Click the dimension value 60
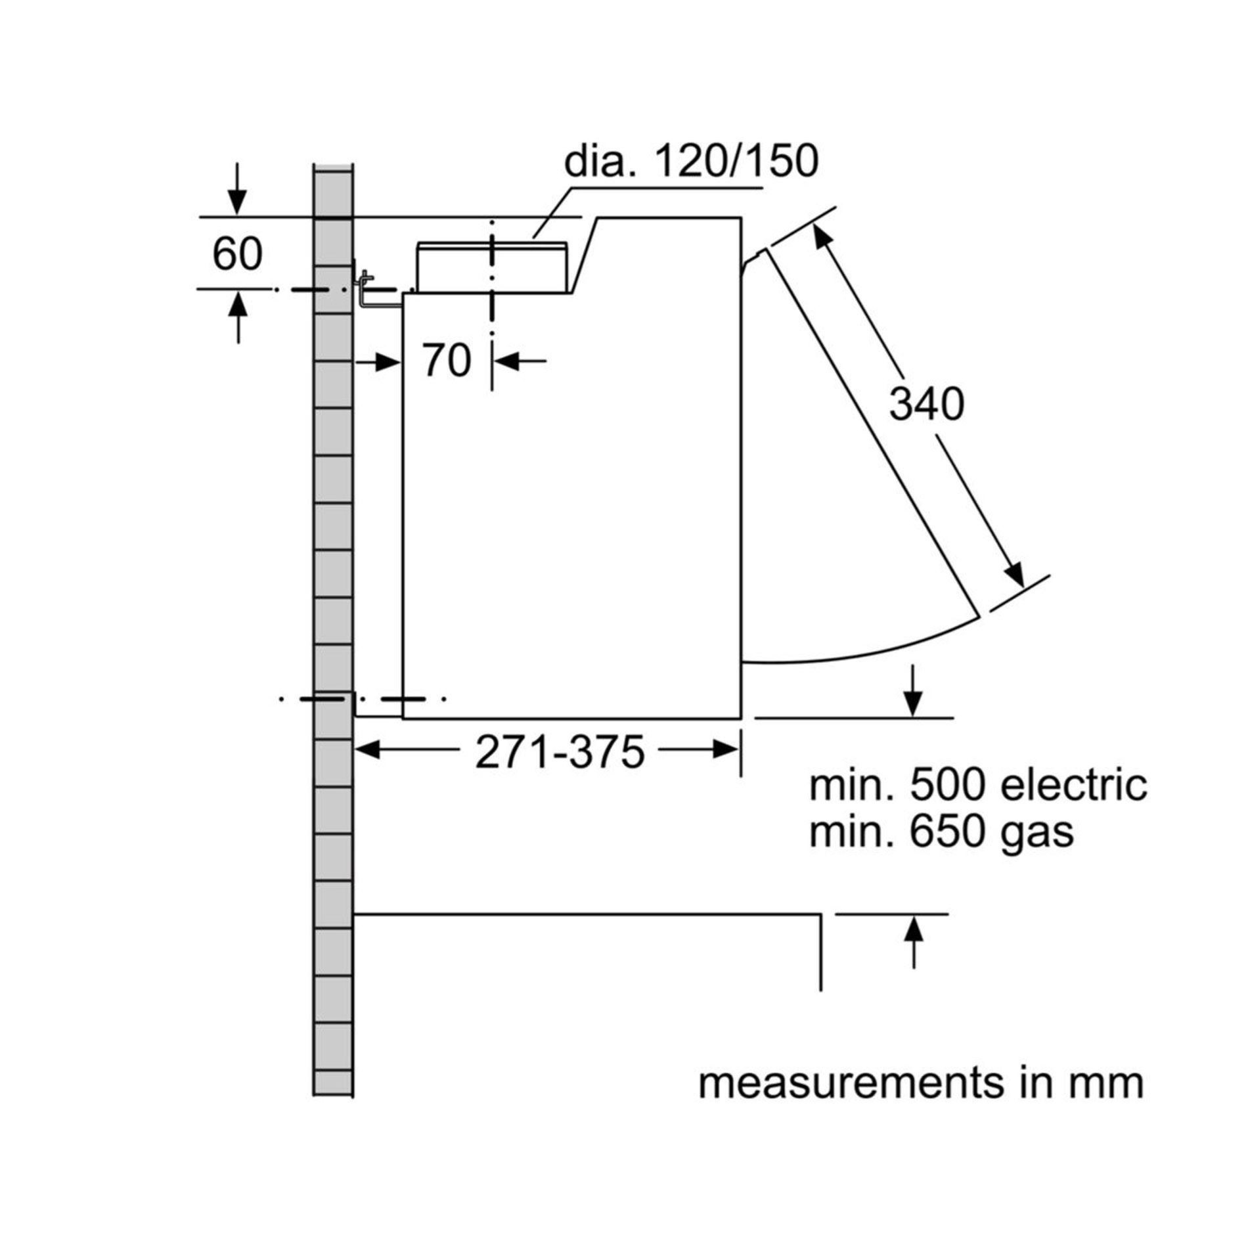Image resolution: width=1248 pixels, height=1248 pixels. [x=237, y=254]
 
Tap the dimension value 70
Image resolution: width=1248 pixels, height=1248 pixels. [x=447, y=361]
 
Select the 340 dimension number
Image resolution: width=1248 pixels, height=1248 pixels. [x=927, y=404]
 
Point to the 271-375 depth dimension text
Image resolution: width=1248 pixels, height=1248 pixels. [x=559, y=752]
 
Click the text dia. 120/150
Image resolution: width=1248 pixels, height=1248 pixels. [x=692, y=161]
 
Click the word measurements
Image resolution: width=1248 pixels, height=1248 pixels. [x=851, y=1084]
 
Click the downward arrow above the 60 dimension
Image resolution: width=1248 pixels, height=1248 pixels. [x=238, y=189]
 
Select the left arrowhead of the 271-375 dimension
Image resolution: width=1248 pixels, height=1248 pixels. [x=368, y=749]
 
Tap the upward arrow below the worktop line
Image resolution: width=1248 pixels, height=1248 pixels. [x=914, y=943]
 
